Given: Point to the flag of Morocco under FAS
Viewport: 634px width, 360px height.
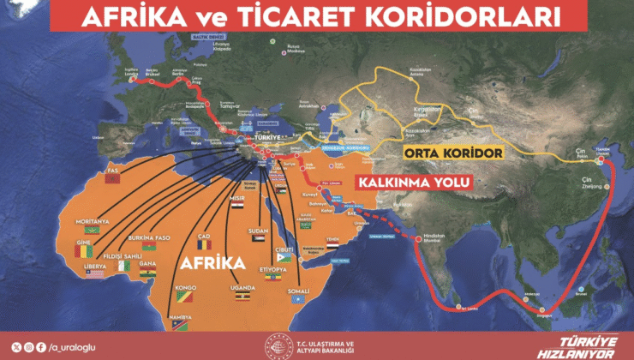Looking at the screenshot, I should (x=112, y=181).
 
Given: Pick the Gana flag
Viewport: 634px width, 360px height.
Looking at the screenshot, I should (x=148, y=273).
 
